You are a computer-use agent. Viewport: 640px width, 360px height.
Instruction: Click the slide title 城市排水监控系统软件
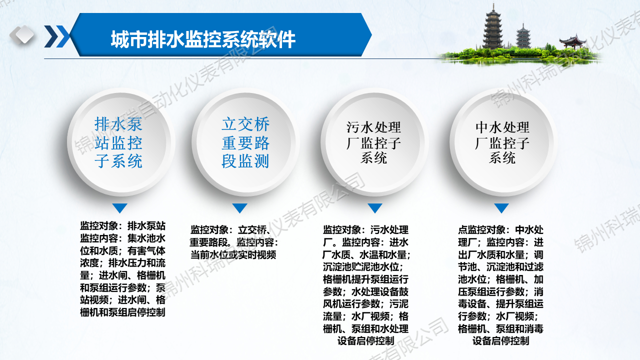[x=203, y=39]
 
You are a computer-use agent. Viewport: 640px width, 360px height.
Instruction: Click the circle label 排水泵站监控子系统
[x=118, y=142]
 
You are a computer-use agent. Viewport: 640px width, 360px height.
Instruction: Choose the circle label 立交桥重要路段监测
[x=245, y=142]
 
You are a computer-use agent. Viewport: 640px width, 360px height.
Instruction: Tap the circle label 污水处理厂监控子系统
[x=374, y=142]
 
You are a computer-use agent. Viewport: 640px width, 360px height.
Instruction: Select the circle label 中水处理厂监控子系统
[x=502, y=142]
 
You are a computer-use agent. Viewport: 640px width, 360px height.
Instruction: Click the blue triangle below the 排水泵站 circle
[x=120, y=208]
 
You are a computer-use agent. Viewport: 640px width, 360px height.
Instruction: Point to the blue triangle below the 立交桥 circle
[x=240, y=208]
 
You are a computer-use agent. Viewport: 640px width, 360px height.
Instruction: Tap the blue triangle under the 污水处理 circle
[x=374, y=208]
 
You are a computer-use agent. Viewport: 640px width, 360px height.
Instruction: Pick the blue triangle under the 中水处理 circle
[x=501, y=208]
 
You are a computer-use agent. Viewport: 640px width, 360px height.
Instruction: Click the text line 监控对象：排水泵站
[x=123, y=225]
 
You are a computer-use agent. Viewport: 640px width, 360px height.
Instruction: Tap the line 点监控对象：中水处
[x=500, y=230]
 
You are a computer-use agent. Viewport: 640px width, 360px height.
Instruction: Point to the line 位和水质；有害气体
[x=123, y=250]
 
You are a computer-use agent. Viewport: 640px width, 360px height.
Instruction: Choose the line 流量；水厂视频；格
[x=366, y=316]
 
